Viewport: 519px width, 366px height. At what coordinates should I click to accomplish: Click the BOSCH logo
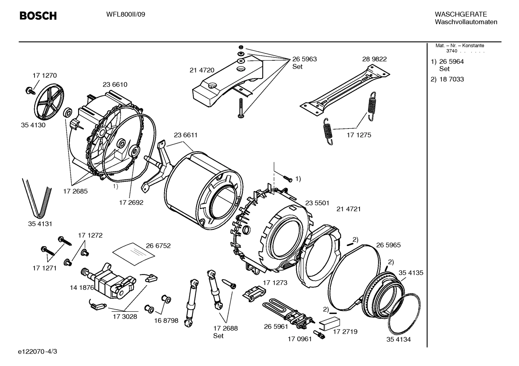(38, 16)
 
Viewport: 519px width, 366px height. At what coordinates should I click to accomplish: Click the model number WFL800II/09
(126, 15)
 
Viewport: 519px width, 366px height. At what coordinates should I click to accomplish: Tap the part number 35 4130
(33, 125)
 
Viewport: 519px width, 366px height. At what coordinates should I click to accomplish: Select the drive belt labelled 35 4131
(37, 196)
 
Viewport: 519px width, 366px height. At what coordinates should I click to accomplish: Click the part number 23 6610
(115, 84)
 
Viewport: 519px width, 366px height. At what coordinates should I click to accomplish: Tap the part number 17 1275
(358, 135)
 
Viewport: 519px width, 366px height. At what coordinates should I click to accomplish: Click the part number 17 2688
(225, 328)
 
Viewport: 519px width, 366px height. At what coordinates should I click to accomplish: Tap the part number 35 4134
(398, 339)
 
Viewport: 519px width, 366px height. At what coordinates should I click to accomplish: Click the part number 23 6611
(185, 135)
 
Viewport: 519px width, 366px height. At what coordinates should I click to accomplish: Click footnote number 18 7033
(451, 79)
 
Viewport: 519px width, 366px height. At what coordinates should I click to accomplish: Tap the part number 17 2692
(131, 203)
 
